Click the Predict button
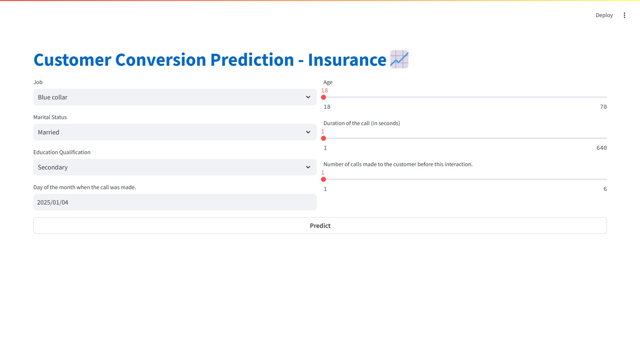pyautogui.click(x=320, y=226)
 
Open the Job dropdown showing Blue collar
pyautogui.click(x=175, y=97)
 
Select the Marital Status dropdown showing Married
pyautogui.click(x=175, y=132)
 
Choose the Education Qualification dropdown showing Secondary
pyautogui.click(x=175, y=167)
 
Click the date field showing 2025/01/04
pyautogui.click(x=175, y=202)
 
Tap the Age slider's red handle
pyautogui.click(x=324, y=97)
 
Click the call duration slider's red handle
pyautogui.click(x=324, y=138)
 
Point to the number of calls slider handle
pyautogui.click(x=324, y=179)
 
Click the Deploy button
pyautogui.click(x=604, y=15)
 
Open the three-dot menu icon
pyautogui.click(x=624, y=15)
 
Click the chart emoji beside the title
pyautogui.click(x=399, y=59)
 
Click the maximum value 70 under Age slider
pyautogui.click(x=603, y=107)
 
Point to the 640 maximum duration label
pyautogui.click(x=602, y=148)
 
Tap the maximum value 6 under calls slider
pyautogui.click(x=605, y=189)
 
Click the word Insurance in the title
pyautogui.click(x=347, y=60)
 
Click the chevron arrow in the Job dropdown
pyautogui.click(x=308, y=97)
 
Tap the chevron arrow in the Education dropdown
pyautogui.click(x=308, y=167)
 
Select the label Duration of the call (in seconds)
pyautogui.click(x=362, y=123)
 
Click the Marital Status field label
pyautogui.click(x=50, y=117)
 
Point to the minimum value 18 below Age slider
pyautogui.click(x=327, y=107)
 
